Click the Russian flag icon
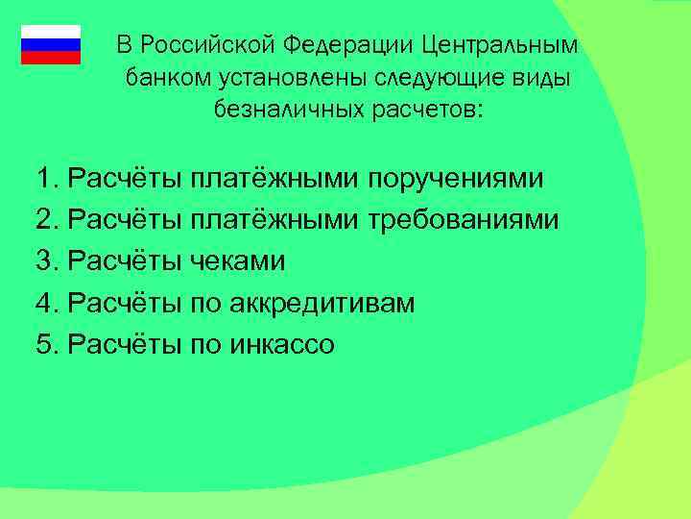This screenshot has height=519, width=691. tap(51, 44)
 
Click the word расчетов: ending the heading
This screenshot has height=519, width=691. tap(422, 111)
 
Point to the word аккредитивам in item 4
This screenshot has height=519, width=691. tap(322, 304)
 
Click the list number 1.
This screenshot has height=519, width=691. tap(44, 180)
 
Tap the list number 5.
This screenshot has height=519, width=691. tap(44, 345)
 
